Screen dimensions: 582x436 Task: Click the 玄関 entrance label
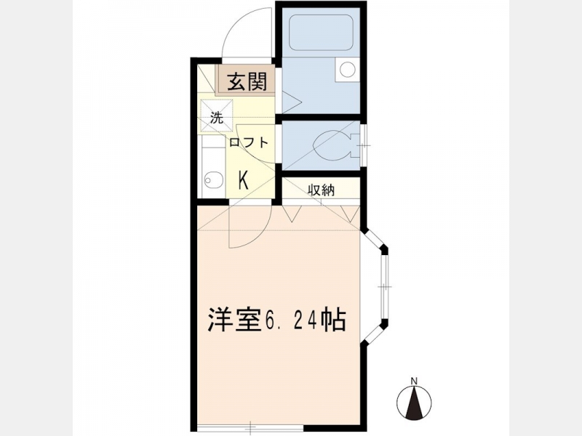(x=247, y=81)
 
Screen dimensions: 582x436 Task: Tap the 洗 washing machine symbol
(x=217, y=116)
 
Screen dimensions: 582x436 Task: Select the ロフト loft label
(x=248, y=142)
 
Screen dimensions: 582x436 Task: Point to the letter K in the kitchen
(x=243, y=180)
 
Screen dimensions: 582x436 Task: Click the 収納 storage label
(x=321, y=190)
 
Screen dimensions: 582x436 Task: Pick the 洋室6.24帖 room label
(x=277, y=319)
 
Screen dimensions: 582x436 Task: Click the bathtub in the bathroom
(x=321, y=32)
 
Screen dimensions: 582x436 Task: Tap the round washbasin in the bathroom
(x=348, y=69)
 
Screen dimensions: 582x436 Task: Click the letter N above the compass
(x=414, y=380)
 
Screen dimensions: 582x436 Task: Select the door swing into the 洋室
(x=250, y=227)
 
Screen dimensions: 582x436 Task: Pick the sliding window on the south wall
(x=250, y=428)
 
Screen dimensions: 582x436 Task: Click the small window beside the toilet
(x=363, y=145)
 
